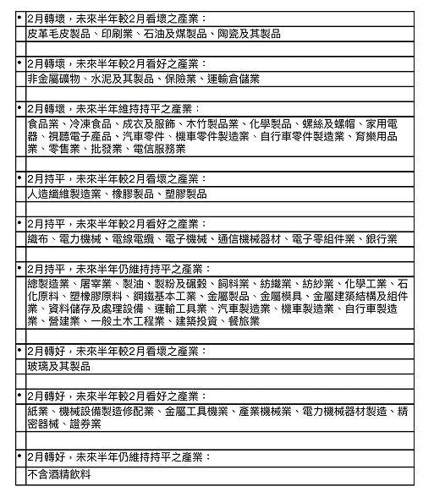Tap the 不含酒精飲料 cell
tap(59, 474)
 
